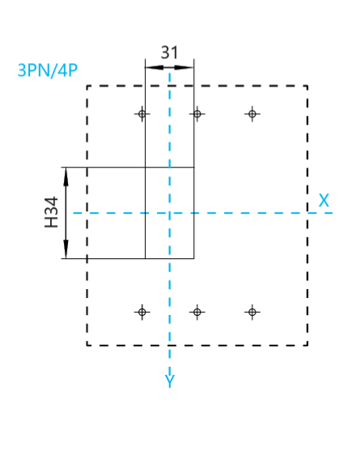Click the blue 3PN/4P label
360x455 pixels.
[48, 70]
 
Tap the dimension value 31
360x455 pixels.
[170, 53]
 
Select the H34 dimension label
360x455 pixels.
[52, 212]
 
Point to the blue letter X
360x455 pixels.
[324, 200]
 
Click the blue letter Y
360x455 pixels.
[170, 381]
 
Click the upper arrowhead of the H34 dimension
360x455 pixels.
[66, 176]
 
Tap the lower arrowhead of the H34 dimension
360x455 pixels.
[66, 249]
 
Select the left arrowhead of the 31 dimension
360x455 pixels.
[155, 68]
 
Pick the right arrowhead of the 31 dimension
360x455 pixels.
[184, 68]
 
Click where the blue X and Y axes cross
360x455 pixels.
[170, 213]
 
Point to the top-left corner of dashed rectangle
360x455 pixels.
[87, 86]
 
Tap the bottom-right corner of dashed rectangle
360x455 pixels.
[307, 346]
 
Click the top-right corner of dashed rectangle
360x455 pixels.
[307, 86]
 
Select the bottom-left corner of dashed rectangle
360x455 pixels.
[87, 346]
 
